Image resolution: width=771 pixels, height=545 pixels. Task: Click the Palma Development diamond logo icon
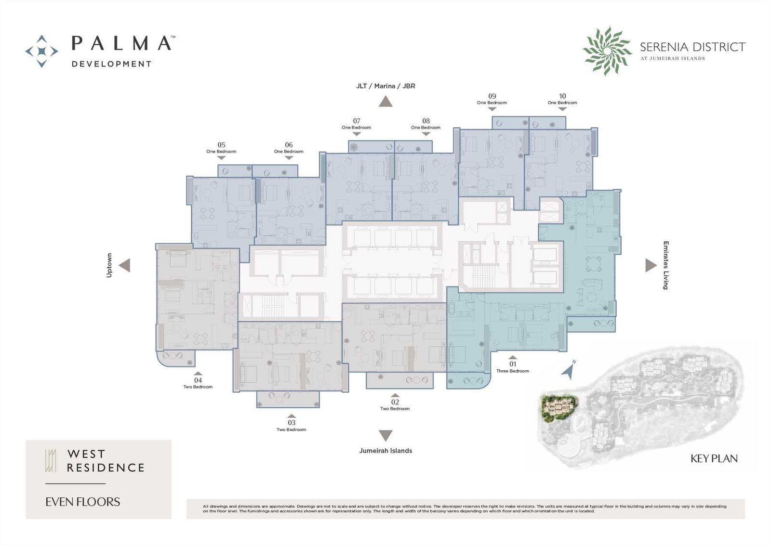(41, 51)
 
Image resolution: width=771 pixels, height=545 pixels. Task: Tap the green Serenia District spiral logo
(607, 51)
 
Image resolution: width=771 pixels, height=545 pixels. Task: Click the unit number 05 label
(221, 145)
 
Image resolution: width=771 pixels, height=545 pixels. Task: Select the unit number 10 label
(562, 96)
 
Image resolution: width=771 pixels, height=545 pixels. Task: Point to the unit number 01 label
(513, 364)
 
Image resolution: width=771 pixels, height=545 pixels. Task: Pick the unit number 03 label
(292, 423)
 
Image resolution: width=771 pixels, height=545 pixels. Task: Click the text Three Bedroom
(513, 371)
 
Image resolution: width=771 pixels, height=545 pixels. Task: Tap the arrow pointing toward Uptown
(125, 265)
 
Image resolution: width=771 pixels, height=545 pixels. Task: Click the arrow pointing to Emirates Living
(651, 265)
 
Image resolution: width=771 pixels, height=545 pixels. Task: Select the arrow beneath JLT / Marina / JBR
(385, 102)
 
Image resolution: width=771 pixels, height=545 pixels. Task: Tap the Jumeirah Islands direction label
(385, 451)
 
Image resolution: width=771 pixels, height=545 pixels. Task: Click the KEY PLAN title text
(714, 459)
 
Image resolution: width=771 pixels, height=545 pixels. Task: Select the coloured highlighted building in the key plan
(558, 409)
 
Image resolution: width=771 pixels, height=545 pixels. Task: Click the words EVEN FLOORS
(82, 502)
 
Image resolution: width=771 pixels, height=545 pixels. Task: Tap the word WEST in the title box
(86, 454)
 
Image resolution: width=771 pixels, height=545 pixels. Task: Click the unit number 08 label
(426, 121)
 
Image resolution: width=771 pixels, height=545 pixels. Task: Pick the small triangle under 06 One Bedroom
(289, 158)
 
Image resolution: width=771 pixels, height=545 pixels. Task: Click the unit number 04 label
(198, 380)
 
